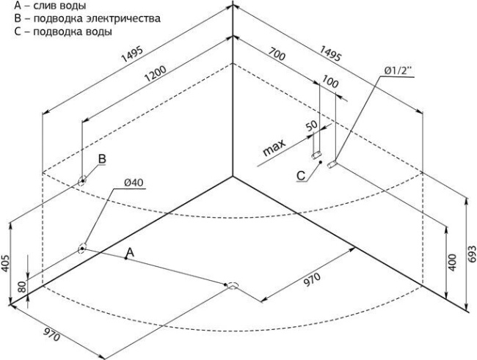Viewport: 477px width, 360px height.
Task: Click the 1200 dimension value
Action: point(157,72)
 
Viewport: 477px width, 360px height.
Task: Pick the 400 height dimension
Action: point(451,262)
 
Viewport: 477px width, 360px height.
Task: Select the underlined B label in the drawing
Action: point(103,158)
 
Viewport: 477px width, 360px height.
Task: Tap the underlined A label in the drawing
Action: point(129,252)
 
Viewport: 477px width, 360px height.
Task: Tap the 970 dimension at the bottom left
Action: point(51,334)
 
